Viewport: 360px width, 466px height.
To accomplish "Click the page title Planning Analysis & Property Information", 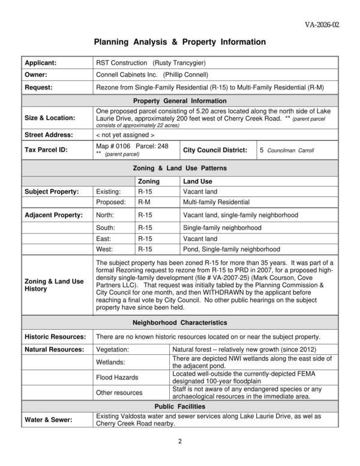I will (x=179, y=43).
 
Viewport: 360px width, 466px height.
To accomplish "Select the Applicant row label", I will (x=40, y=63).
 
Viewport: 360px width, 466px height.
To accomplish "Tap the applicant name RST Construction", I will (x=121, y=63).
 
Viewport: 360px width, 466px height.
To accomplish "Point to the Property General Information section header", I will (x=179, y=101).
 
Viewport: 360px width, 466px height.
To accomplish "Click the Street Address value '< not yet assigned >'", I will (x=125, y=135).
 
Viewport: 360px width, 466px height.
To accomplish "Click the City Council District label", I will (x=217, y=150).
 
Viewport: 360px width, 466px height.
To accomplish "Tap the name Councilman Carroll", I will (x=290, y=150).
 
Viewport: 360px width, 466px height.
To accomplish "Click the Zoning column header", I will (x=149, y=181).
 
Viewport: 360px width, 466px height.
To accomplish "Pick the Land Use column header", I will (x=197, y=181).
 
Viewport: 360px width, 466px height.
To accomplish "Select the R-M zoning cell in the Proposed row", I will (x=144, y=202).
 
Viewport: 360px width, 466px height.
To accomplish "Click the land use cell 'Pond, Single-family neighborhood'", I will (x=231, y=249).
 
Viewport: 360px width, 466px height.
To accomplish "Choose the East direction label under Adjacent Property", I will (x=104, y=238).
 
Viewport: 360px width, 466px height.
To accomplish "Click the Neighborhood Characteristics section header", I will (x=179, y=322).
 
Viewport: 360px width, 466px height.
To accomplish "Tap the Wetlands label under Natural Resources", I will (x=111, y=362).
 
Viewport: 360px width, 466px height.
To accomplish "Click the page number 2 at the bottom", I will (x=179, y=442).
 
